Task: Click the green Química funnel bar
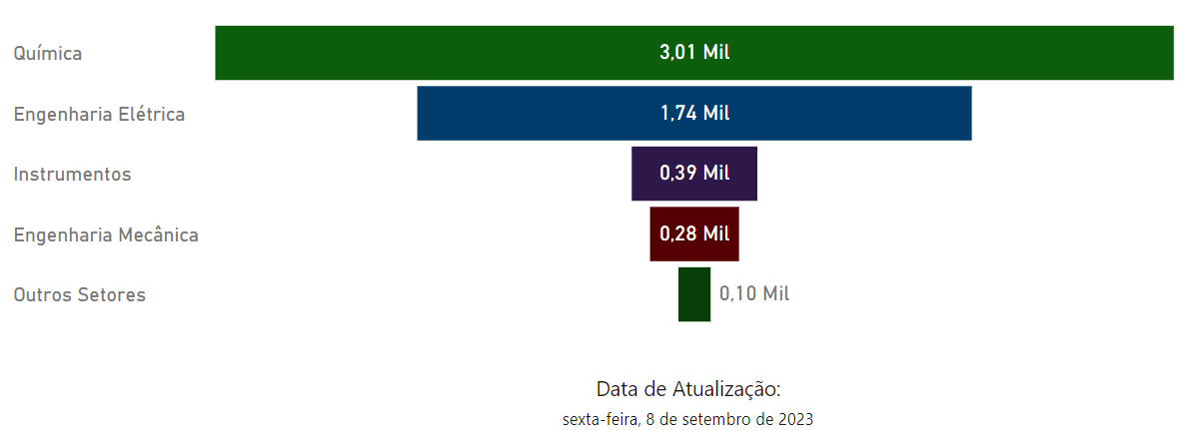pos(400,53)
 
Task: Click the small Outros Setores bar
pos(694,294)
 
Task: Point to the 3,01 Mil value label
pos(694,53)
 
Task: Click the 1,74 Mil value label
pos(694,114)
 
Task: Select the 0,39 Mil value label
pos(694,174)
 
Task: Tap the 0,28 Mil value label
pos(694,234)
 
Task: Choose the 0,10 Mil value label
pos(754,294)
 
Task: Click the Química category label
pos(48,54)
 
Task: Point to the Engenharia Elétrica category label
pos(99,115)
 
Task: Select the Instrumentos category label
pos(72,175)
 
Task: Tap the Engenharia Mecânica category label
pos(106,235)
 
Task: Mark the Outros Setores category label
pos(80,295)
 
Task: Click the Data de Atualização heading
pos(687,389)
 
